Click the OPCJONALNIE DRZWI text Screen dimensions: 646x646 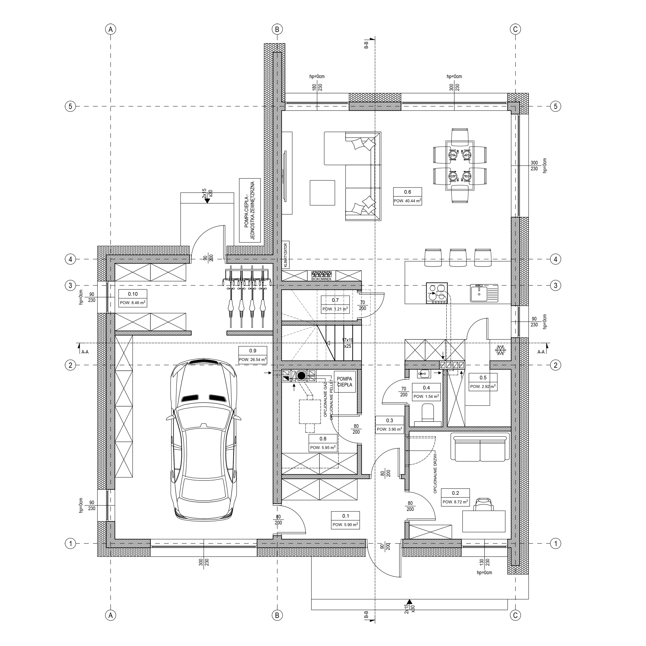[438, 474]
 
